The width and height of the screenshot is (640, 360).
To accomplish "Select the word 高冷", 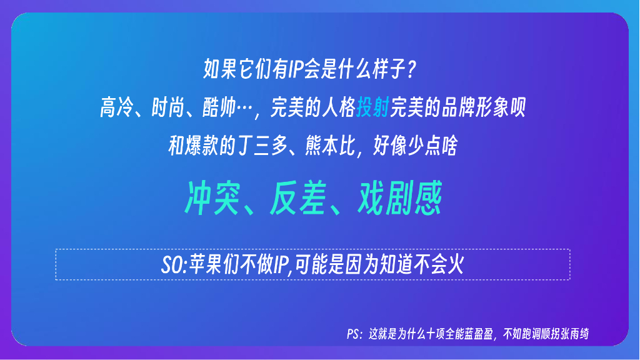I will [116, 109].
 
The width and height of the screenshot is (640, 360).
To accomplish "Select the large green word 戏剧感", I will [401, 199].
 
